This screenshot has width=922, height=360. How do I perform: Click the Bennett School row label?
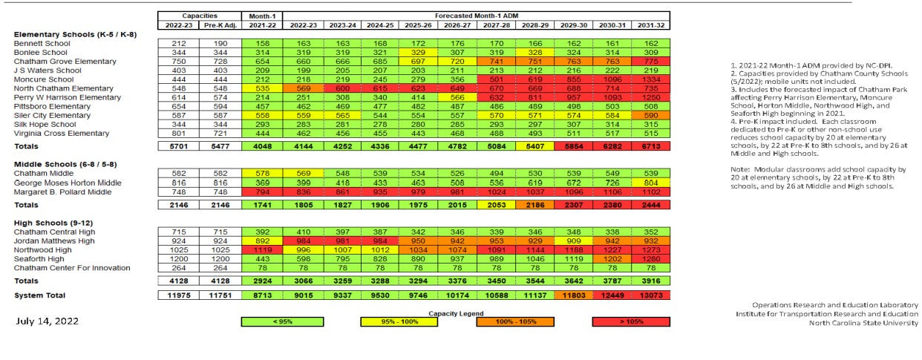tap(42, 44)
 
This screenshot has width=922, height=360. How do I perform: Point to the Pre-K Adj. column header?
tap(219, 25)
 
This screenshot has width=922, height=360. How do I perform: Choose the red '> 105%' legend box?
tap(630, 321)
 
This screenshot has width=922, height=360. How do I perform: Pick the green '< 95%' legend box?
tap(282, 321)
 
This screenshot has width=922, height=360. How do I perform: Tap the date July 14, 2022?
tap(50, 321)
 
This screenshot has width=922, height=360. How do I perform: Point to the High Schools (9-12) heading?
tap(51, 223)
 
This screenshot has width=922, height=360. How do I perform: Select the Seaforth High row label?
tap(38, 258)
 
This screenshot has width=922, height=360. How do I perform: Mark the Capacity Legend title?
tap(455, 312)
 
